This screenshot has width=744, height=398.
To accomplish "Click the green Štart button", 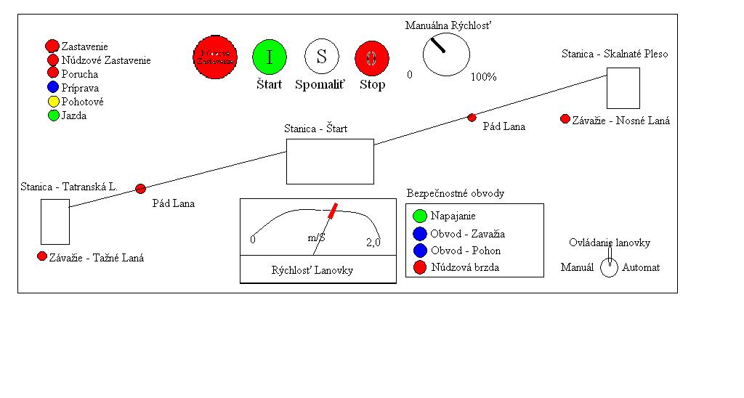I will point(270,57).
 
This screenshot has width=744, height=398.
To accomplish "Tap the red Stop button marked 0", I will point(372,57).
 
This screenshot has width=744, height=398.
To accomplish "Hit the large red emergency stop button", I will point(215,57).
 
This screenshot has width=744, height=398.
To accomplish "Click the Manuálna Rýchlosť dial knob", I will point(446,54).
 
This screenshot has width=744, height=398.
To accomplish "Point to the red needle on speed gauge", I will point(331,211).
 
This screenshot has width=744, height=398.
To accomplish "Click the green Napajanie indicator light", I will point(419,216).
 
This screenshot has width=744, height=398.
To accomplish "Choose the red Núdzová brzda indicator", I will point(419,268).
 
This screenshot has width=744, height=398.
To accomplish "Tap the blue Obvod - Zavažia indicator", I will point(419,233).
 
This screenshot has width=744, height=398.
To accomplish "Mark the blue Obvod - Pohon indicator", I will point(419,251).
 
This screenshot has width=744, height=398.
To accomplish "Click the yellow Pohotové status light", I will point(52,102).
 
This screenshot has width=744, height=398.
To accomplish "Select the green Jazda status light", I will point(52,115).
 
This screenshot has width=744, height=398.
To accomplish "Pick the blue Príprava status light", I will point(52,88).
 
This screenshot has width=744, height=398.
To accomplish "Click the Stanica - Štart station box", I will point(330,161).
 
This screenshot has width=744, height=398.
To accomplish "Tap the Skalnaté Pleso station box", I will point(623,88).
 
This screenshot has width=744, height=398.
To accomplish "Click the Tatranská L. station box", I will point(55,222).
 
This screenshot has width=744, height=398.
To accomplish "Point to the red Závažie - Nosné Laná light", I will point(565,119).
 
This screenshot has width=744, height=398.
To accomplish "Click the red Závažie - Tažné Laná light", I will point(41,256).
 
